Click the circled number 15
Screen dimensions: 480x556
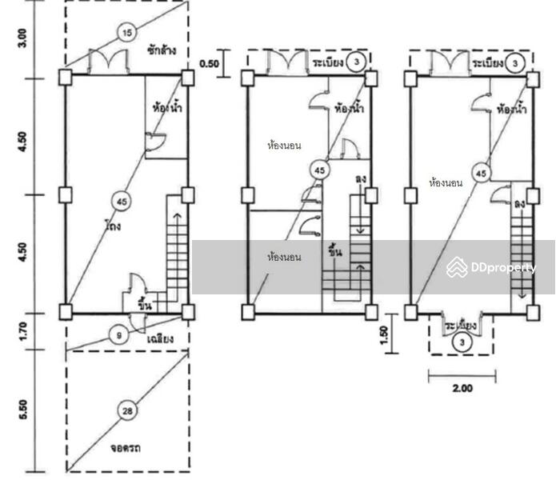pos(126,33)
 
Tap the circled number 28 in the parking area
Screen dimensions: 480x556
pos(126,411)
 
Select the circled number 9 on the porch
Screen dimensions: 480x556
pos(119,337)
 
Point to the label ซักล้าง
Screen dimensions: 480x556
pos(162,50)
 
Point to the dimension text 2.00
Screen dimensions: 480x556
pos(462,390)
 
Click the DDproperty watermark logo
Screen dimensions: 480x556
pos(491,268)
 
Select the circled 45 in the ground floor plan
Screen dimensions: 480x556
pos(120,201)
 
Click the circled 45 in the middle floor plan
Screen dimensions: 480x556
pos(320,170)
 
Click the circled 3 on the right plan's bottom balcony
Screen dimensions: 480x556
pos(462,343)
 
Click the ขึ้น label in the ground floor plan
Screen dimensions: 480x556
pos(145,305)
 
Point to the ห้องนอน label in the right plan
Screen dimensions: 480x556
pos(446,184)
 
